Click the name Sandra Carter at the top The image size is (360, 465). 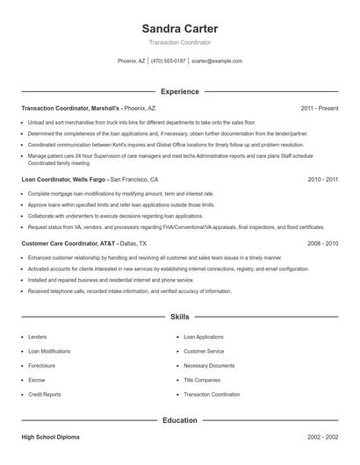179,28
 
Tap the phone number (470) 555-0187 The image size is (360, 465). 169,61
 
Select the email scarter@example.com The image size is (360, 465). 216,61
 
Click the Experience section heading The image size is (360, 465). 179,91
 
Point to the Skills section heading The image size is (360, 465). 179,317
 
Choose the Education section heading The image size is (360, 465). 179,420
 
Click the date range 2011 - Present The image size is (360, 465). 319,108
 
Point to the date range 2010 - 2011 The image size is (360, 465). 323,178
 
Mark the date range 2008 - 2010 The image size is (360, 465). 323,243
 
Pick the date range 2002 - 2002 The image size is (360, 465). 323,436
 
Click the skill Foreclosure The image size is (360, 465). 42,365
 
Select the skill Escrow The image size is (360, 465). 37,380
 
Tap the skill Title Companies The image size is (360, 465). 202,380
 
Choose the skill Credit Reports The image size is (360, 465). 45,395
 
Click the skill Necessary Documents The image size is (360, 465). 209,365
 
